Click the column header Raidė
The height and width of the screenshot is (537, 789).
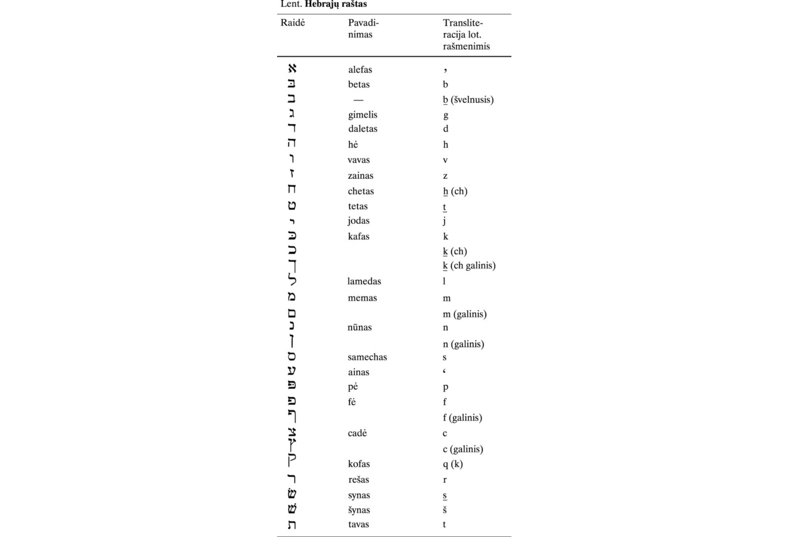point(293,23)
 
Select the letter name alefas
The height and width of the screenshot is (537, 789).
point(360,70)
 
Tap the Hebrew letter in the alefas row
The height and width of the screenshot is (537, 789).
point(292,68)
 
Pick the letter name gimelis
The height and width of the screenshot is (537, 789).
point(362,115)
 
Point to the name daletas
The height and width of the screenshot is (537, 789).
point(362,129)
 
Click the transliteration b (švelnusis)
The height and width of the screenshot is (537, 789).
point(468,99)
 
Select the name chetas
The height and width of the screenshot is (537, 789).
point(361,191)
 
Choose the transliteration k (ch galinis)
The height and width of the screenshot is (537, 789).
point(469,266)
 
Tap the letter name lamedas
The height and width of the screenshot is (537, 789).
point(364,281)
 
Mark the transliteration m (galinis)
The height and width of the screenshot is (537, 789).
point(465,314)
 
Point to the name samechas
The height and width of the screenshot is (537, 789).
point(367,357)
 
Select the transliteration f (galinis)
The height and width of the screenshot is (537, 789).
point(462,418)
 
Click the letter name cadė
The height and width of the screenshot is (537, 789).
point(357,433)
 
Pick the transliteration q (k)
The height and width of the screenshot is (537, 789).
point(453,464)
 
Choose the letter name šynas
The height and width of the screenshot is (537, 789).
point(359,510)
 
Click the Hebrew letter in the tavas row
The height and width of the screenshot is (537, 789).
point(292,524)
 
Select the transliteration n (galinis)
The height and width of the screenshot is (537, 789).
point(463,344)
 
